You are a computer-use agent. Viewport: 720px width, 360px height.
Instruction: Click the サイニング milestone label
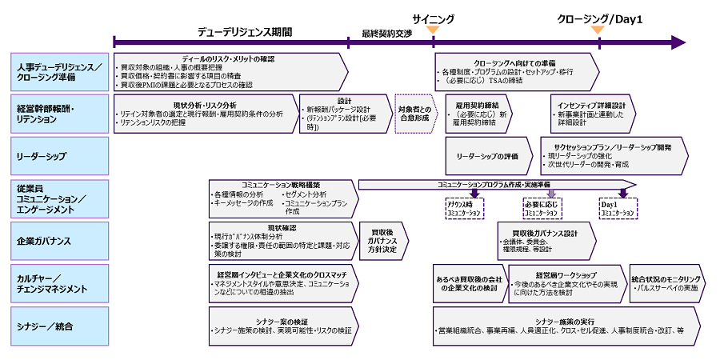(434, 18)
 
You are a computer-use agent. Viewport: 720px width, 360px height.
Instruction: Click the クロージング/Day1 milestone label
(600, 18)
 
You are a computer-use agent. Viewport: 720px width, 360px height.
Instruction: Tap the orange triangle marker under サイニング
(433, 30)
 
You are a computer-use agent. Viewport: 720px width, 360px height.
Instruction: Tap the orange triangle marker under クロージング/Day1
(597, 30)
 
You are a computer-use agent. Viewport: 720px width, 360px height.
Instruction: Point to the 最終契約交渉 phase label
(387, 34)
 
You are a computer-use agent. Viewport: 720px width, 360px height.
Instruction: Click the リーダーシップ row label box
(60, 156)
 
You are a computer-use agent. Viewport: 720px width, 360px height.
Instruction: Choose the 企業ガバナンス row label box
(60, 240)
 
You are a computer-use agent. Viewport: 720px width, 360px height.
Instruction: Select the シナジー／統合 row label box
(60, 326)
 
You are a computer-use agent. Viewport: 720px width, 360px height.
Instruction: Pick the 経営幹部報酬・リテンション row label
(60, 113)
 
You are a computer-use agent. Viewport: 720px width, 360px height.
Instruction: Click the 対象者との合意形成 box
(414, 114)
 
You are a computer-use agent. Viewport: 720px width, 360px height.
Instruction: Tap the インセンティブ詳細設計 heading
(592, 105)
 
